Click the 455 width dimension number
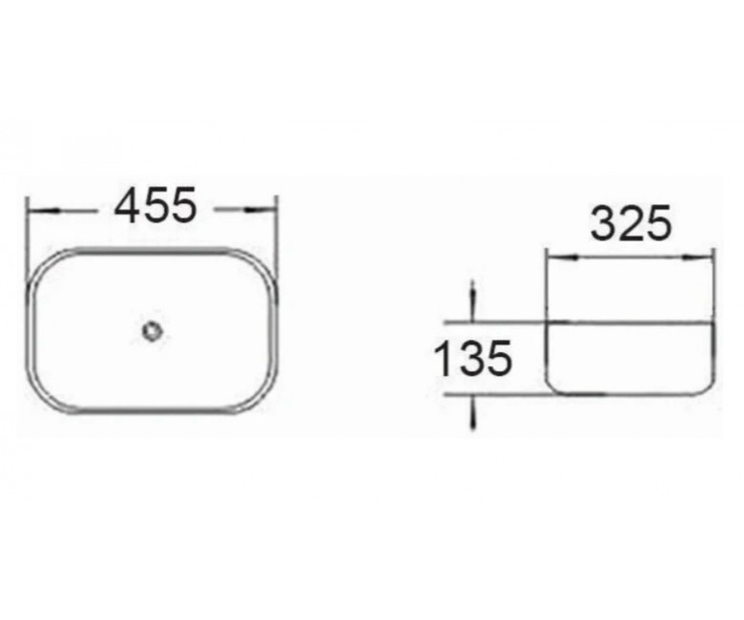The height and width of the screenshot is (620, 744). click(155, 205)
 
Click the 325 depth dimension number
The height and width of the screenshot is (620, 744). click(631, 223)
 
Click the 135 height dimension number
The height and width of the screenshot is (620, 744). click(473, 358)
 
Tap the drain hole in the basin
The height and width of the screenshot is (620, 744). click(153, 331)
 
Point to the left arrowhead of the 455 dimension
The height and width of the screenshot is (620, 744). click(44, 210)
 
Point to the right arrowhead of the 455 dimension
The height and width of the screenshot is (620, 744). click(260, 209)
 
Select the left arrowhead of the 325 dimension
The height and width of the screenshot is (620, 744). click(563, 258)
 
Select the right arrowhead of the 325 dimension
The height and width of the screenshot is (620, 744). click(697, 258)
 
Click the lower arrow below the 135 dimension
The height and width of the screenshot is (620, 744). click(472, 412)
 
